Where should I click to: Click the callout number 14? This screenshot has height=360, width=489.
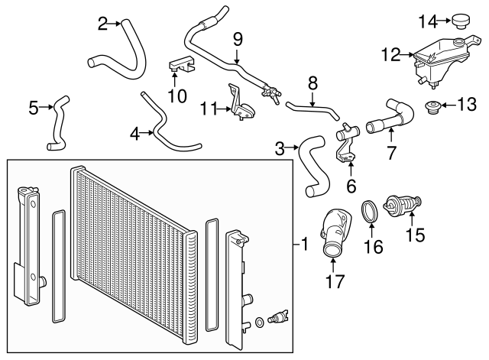[427, 19]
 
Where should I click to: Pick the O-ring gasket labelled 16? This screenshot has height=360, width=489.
[370, 213]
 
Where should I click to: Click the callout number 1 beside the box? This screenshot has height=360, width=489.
[304, 245]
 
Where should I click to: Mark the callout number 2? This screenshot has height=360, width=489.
[103, 24]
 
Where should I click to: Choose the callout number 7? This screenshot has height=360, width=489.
[391, 153]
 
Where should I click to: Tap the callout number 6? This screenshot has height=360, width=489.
[351, 186]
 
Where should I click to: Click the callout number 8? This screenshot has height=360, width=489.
[312, 83]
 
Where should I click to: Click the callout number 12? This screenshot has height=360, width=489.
[390, 54]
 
